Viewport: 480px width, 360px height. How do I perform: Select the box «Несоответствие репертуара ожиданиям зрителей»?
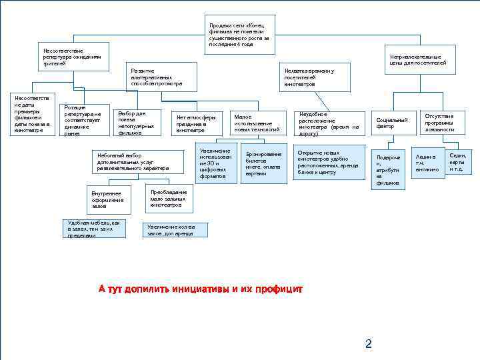click(x=72, y=57)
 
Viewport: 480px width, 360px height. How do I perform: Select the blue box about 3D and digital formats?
click(x=217, y=163)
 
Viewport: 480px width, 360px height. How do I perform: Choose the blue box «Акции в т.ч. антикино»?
click(x=427, y=163)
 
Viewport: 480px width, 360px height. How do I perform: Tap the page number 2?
click(x=368, y=344)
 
